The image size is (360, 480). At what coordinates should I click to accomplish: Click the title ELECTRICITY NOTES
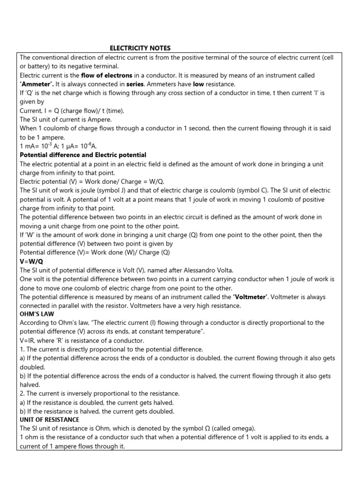140,48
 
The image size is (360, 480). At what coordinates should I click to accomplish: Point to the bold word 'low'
200,84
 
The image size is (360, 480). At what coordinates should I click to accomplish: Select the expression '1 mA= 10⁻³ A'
39,146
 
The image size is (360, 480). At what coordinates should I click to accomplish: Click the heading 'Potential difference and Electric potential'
83,155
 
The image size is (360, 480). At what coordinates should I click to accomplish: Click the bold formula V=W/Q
31,261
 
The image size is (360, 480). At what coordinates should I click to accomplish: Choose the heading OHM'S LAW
37,314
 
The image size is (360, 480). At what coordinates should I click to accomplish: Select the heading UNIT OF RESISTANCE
49,420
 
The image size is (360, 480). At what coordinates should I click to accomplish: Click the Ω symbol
245,428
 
